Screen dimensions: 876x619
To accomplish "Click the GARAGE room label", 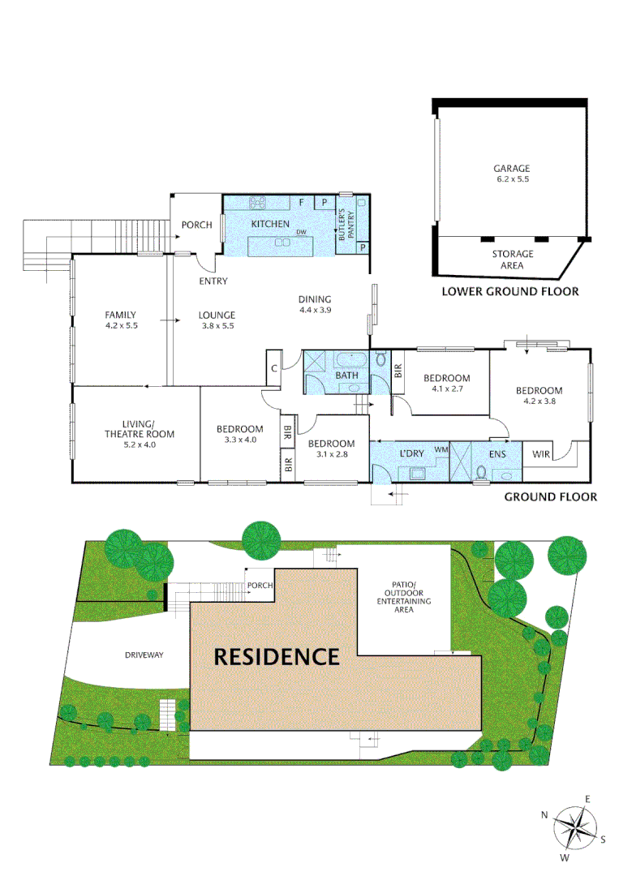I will point(512,169).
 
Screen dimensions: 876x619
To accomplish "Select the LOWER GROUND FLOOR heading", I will point(509,291).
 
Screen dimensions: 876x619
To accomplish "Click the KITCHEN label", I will point(270,223).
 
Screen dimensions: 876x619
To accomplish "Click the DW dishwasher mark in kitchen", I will point(301,233).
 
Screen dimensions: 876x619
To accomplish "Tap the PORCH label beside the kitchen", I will point(196,225).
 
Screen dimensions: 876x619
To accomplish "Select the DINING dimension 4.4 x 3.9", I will point(316,310).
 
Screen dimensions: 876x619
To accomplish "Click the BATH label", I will point(347,376).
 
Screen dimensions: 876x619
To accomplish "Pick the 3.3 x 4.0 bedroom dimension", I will point(239,440).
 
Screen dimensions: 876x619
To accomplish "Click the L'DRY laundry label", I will point(412,453).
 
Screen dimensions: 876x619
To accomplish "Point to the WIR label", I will point(539,454).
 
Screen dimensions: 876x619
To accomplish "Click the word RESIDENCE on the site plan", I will point(276,656).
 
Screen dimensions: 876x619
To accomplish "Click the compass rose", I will point(577,828).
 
